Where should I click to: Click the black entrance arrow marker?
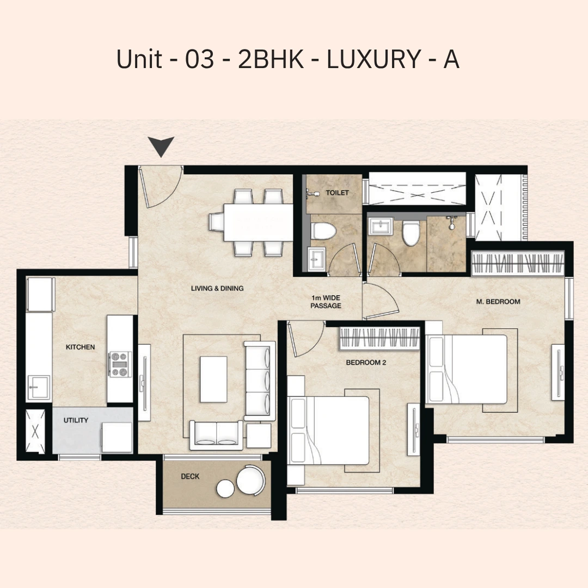(161, 146)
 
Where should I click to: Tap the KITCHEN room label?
(80, 347)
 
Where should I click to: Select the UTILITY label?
(76, 420)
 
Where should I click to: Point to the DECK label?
(190, 476)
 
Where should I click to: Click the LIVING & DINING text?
(217, 289)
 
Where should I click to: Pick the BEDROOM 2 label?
(366, 363)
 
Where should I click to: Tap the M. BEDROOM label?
(498, 302)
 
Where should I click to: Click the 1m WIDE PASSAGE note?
(326, 302)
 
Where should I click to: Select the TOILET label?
(337, 193)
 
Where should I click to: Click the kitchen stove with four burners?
(120, 364)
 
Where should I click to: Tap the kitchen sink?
(38, 388)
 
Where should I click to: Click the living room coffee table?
(213, 379)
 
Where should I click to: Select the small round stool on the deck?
(225, 488)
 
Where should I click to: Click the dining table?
(259, 222)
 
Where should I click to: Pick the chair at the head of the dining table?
(216, 222)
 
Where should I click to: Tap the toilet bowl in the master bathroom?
(410, 232)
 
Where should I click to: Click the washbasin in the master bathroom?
(380, 226)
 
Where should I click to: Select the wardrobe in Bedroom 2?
(379, 339)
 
